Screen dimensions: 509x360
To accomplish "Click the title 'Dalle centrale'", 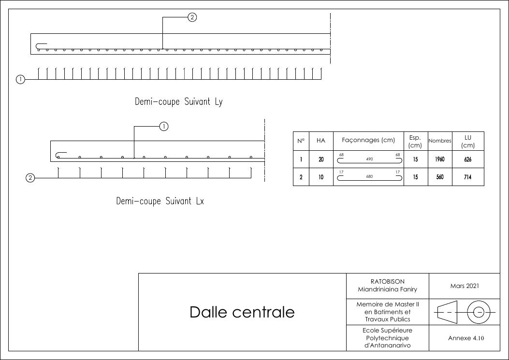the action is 242,312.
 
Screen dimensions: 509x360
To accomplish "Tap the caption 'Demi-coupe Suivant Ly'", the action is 178,101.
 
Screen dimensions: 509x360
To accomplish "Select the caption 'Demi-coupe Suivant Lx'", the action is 160,201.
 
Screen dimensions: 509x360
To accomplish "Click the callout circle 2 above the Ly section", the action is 192,17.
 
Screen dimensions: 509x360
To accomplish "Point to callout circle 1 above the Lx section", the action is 164,126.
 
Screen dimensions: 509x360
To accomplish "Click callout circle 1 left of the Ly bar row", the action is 20,79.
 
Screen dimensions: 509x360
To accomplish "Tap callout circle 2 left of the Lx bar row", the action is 30,178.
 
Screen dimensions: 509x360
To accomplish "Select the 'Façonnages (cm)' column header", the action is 368,140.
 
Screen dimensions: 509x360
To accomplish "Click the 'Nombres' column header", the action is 440,141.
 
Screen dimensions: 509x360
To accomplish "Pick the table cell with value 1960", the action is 440,159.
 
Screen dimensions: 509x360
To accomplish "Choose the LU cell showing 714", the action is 468,177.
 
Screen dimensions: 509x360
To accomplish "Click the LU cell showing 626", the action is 468,159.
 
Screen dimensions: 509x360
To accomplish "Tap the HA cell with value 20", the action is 321,159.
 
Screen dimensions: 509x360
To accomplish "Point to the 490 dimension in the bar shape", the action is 369,159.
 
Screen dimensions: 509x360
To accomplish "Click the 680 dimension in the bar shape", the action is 369,176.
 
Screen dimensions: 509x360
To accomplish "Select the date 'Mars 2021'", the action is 465,286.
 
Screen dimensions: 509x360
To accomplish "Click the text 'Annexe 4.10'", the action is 466,338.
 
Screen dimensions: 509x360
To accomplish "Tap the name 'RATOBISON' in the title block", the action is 388,281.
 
